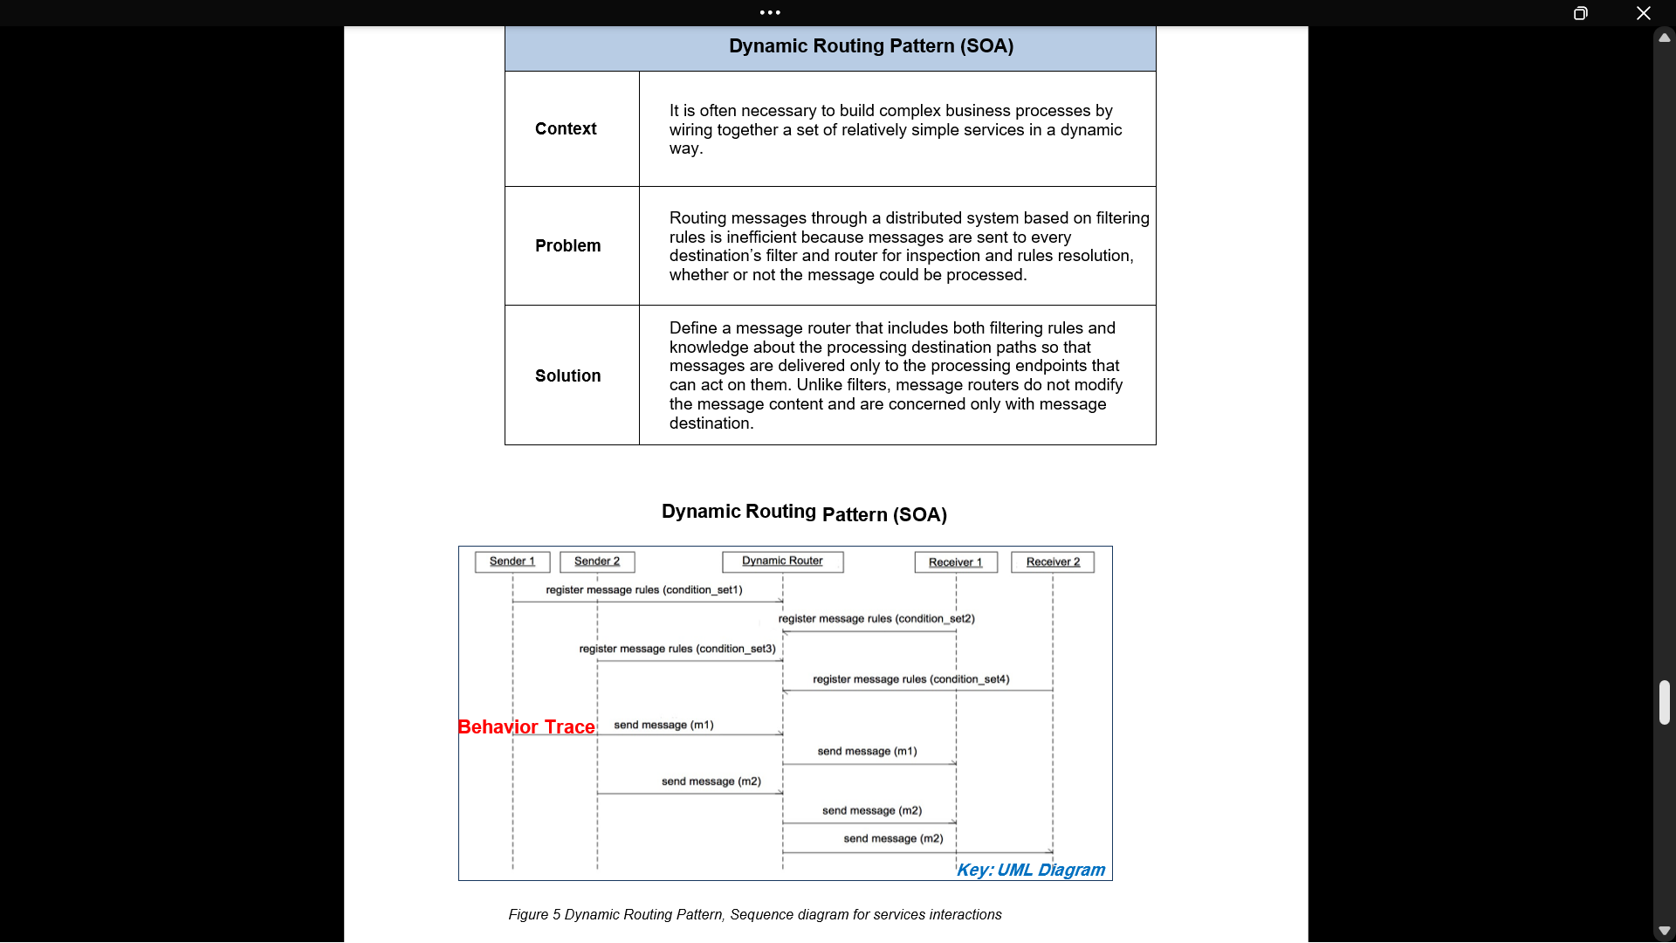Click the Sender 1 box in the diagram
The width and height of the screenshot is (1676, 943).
pos(512,561)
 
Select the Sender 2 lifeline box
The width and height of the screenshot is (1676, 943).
pos(597,561)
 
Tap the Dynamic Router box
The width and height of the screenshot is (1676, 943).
pos(783,561)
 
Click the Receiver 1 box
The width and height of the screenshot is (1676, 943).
pos(956,562)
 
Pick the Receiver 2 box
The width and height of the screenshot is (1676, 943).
pos(1053,562)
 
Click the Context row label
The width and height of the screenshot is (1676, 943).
pos(566,129)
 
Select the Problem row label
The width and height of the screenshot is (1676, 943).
pos(567,246)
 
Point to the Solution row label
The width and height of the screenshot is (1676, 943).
pos(567,376)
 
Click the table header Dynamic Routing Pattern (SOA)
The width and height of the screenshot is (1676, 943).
pos(870,46)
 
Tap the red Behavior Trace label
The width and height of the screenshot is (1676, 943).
pos(526,727)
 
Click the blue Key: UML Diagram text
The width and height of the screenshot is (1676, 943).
pos(1031,871)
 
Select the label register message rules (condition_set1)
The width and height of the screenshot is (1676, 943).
pos(644,590)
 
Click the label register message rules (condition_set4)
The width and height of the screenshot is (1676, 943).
pos(910,679)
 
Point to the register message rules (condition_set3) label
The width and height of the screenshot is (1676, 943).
pos(677,649)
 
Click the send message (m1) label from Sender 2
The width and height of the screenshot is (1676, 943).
pos(663,726)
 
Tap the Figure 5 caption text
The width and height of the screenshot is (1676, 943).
pos(755,915)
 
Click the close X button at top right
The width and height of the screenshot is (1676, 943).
pos(1643,13)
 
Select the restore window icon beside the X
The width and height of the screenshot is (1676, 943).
pos(1580,13)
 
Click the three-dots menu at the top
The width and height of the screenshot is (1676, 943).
pos(770,12)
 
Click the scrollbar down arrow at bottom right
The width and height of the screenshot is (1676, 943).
pos(1664,931)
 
